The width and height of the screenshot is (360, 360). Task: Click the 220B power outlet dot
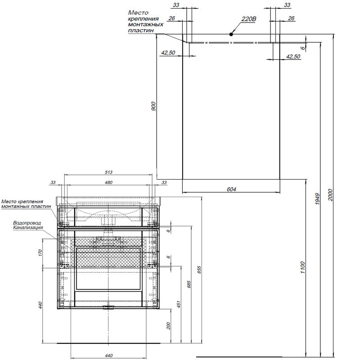[x=231, y=35]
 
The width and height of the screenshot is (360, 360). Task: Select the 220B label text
[x=249, y=19]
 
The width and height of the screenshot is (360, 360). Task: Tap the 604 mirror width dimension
[x=231, y=189]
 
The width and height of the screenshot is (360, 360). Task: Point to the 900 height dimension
[x=153, y=106]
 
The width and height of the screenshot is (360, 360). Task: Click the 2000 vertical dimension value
[x=330, y=195]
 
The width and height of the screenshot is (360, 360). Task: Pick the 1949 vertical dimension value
[x=317, y=199]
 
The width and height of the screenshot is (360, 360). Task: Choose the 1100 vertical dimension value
[x=302, y=267]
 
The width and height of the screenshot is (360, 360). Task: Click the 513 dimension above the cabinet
[x=108, y=172]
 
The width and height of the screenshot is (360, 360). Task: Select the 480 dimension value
[x=108, y=183]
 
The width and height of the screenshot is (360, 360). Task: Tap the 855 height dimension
[x=199, y=270]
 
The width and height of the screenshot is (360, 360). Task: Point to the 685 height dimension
[x=189, y=284]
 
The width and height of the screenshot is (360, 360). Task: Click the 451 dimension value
[x=179, y=304]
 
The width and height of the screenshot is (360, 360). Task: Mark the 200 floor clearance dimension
[x=168, y=326]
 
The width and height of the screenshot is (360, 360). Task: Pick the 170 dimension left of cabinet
[x=40, y=253]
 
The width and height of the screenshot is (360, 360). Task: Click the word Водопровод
[x=27, y=223]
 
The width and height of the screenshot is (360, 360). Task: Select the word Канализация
[x=28, y=228]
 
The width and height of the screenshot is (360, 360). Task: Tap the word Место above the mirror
[x=138, y=13]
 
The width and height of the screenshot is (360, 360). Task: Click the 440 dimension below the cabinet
[x=108, y=355]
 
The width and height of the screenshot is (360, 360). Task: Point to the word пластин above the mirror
[x=141, y=30]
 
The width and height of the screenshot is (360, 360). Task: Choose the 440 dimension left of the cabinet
[x=40, y=305]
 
